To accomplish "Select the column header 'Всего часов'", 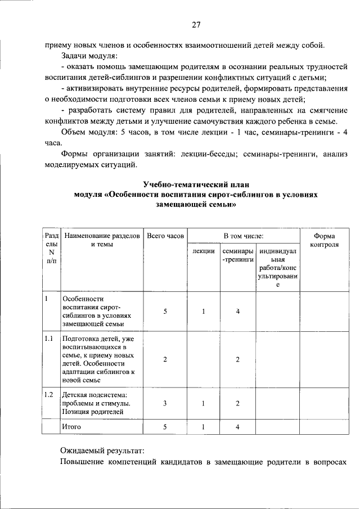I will (165, 236).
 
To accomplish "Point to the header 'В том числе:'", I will (243, 236).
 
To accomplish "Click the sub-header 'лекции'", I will (203, 251).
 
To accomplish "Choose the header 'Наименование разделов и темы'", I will (102, 240).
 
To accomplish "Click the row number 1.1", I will (49, 339).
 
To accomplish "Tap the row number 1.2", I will (49, 395).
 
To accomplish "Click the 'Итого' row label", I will (71, 427).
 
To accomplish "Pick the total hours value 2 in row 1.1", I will (165, 359).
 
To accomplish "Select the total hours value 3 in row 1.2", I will (165, 404).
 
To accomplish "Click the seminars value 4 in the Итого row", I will (238, 427).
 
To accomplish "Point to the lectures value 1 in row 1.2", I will (203, 404).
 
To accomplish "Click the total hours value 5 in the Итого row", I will (165, 427).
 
